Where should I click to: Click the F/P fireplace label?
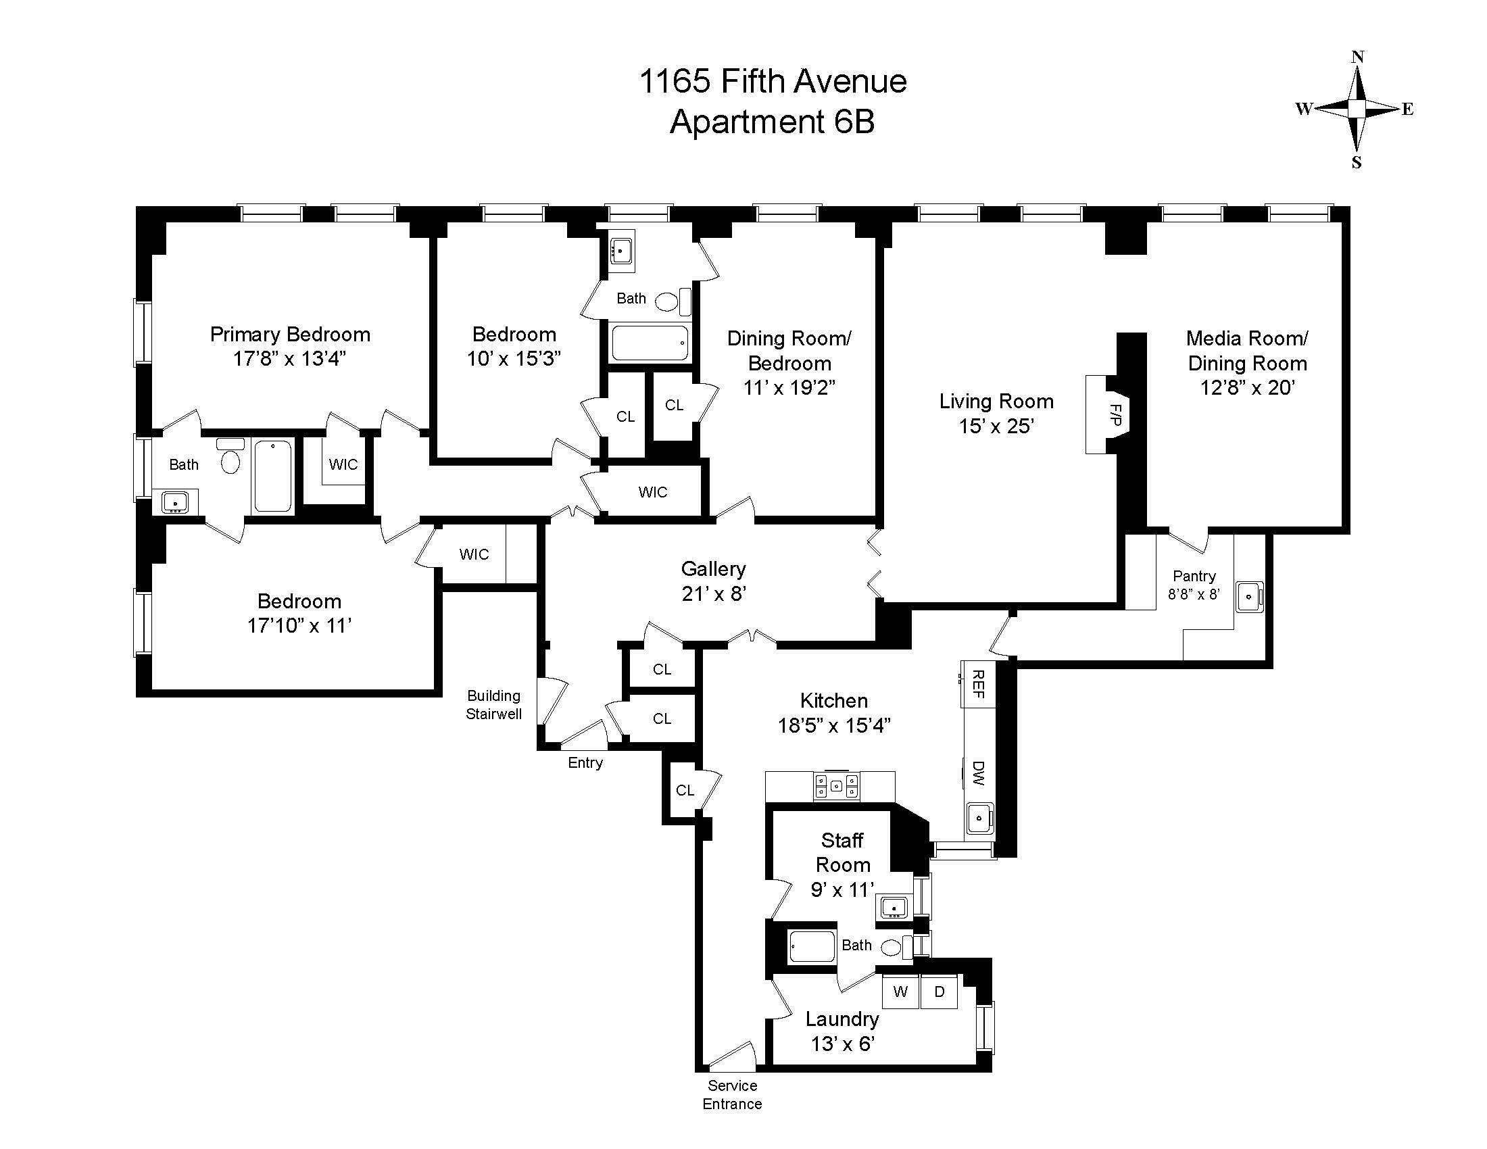[1115, 414]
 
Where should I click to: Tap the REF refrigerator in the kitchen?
[979, 683]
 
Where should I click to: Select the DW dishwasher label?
[979, 773]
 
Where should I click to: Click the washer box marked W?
[900, 992]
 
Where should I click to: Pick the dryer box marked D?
[939, 992]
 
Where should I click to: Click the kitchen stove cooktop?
[836, 786]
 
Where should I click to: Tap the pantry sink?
[1249, 597]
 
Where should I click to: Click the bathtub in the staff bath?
[812, 947]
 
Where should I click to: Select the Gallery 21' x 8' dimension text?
[714, 593]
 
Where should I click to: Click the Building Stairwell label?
[493, 704]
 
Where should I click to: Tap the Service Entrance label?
[732, 1094]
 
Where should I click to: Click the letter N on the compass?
[1357, 57]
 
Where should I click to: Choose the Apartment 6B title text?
[772, 122]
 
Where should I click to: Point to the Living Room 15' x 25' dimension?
[996, 426]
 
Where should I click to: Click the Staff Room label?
[842, 852]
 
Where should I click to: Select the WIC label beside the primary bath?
[343, 464]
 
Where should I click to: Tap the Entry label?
[585, 762]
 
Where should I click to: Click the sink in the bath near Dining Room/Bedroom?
[620, 251]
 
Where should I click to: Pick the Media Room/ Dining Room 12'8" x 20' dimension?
[1247, 387]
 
